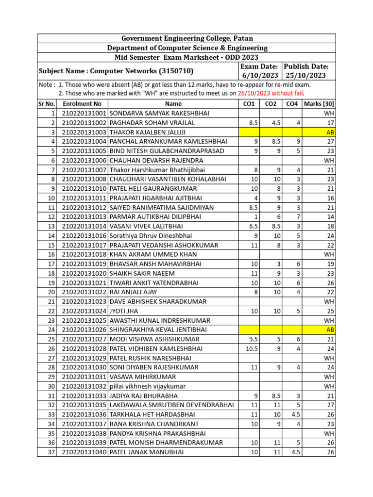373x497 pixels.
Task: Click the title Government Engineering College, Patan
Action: click(187, 38)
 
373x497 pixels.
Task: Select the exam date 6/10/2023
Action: click(259, 76)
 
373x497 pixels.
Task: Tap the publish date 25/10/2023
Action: click(306, 76)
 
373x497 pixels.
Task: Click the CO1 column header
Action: click(249, 104)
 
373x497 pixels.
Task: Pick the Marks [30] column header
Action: click(319, 104)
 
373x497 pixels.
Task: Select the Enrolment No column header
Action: click(82, 104)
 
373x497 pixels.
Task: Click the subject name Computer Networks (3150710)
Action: click(116, 71)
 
